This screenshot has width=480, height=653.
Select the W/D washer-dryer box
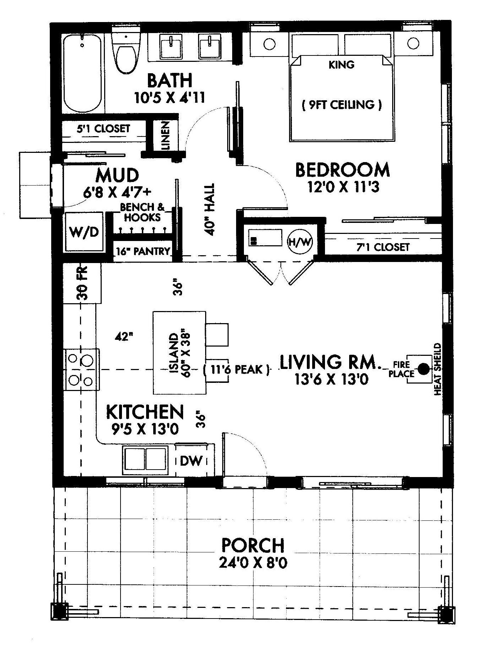[84, 232]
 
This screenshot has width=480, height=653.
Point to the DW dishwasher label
[191, 461]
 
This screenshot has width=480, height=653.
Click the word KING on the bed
[341, 65]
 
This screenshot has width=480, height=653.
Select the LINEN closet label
[166, 135]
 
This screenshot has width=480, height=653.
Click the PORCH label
[253, 555]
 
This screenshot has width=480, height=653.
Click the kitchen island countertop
[179, 353]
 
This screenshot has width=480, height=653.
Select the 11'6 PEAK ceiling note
[236, 370]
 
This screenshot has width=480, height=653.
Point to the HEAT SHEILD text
[437, 369]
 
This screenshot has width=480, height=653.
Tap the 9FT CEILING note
[342, 105]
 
